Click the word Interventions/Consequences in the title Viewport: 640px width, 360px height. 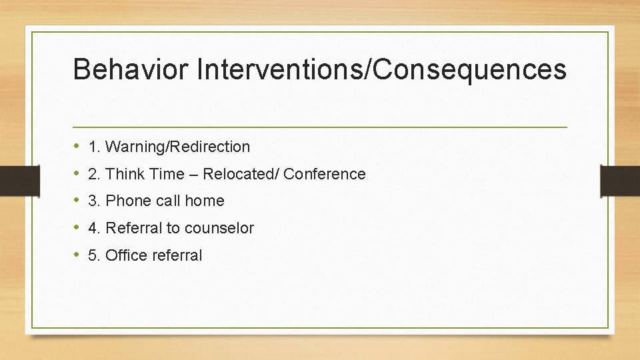tap(381, 69)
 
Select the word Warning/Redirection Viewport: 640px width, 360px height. tap(178, 147)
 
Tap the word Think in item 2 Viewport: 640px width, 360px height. tap(121, 174)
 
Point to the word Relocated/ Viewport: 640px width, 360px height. tap(241, 174)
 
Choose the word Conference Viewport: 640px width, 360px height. tap(325, 174)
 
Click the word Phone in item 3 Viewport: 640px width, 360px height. tap(126, 201)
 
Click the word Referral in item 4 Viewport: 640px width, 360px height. tap(134, 228)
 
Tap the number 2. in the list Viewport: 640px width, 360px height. tap(94, 174)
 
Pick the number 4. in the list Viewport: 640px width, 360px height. tap(94, 228)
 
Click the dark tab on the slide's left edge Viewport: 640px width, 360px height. tap(19, 179)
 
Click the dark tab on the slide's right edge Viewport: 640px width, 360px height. tap(620, 179)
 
